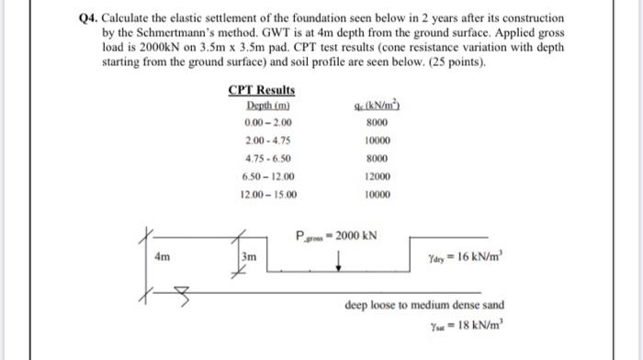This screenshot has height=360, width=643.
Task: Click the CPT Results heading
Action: click(262, 90)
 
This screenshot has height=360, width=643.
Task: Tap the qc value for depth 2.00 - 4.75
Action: click(378, 141)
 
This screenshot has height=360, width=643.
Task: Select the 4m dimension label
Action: click(163, 258)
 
